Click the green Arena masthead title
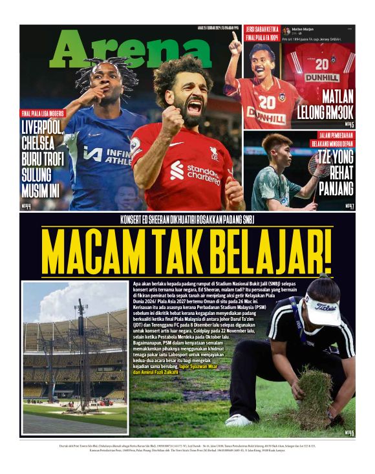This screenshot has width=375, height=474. pos(129,48)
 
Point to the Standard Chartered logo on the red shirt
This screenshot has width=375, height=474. pos(194,170)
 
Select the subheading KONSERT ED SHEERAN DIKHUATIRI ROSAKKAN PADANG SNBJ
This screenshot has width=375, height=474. pos(187,220)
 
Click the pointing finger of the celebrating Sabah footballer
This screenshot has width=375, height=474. pos(235,41)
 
